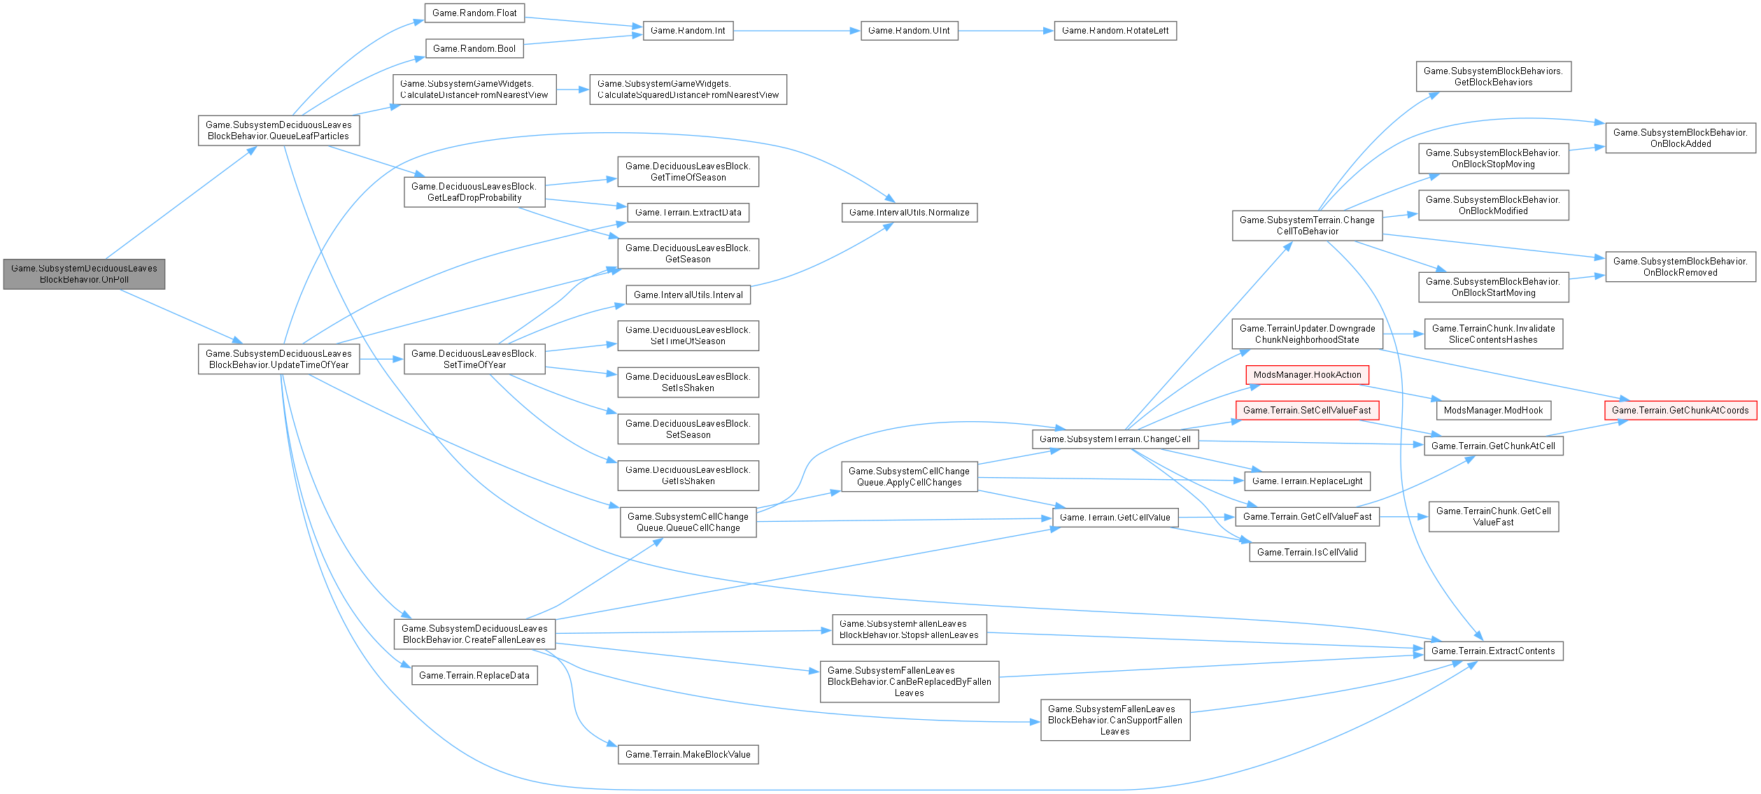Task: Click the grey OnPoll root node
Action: click(x=84, y=274)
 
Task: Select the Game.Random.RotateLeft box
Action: click(x=1115, y=31)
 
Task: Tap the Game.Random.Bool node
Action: click(x=474, y=48)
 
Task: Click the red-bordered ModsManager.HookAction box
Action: click(x=1307, y=375)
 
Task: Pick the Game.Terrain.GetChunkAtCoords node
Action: click(x=1680, y=411)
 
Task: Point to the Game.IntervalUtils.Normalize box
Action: click(x=909, y=213)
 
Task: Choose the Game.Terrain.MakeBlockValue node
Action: click(x=687, y=755)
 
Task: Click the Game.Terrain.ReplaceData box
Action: click(x=474, y=676)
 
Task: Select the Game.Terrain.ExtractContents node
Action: click(x=1493, y=651)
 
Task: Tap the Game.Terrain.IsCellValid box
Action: click(x=1307, y=553)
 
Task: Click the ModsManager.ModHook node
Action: click(x=1493, y=411)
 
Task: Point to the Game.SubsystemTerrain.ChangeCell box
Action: click(x=1115, y=439)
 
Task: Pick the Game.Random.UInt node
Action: click(x=909, y=31)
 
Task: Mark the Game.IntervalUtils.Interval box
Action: click(x=688, y=295)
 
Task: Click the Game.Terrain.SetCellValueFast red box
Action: click(x=1307, y=411)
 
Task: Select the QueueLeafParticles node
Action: click(x=278, y=131)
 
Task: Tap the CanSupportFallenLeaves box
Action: click(x=1115, y=720)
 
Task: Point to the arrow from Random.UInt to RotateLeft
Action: click(x=1005, y=31)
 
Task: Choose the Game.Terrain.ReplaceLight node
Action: click(x=1307, y=481)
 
